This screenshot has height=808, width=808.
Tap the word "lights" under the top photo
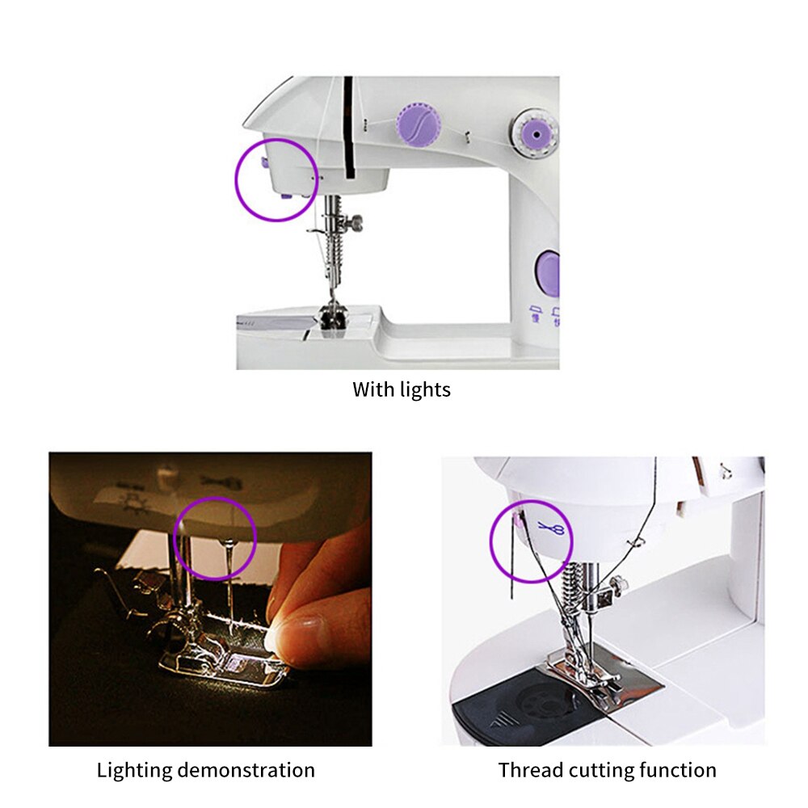(425, 389)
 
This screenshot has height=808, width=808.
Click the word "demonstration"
(248, 770)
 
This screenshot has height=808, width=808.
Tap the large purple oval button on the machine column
(548, 272)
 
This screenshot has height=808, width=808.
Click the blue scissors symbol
(552, 529)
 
